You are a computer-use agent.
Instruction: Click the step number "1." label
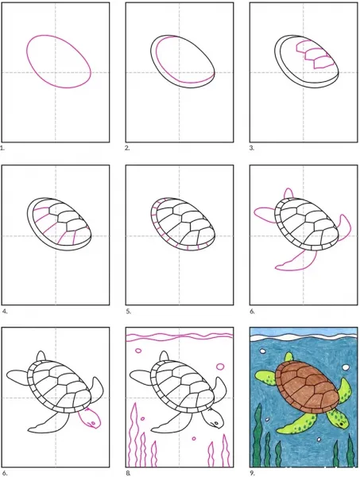click(2, 148)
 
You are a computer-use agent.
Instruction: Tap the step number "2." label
click(127, 148)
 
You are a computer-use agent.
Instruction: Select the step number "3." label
click(252, 148)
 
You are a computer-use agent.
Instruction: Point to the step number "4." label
click(4, 311)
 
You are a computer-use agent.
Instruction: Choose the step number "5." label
click(128, 311)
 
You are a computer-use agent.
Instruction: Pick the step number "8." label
click(128, 473)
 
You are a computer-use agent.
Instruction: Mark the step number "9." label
click(252, 473)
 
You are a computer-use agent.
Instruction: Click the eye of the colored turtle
click(342, 423)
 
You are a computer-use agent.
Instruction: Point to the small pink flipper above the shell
click(288, 194)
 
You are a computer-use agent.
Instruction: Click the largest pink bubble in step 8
click(220, 366)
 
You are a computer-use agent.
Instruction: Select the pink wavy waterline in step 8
click(180, 336)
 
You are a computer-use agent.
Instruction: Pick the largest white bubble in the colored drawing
click(346, 367)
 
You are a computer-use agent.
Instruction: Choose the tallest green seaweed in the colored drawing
click(257, 436)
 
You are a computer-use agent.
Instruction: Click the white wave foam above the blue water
click(304, 337)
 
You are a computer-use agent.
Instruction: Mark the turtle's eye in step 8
click(216, 423)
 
